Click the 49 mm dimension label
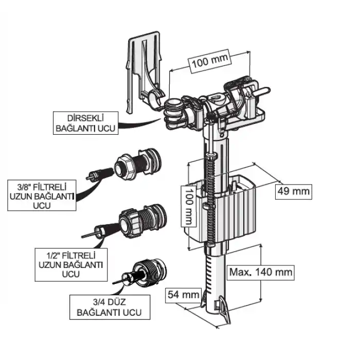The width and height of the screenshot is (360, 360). click(x=294, y=191)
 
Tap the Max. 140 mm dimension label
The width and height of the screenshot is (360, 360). click(x=261, y=272)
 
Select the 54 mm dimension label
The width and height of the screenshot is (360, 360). click(x=183, y=295)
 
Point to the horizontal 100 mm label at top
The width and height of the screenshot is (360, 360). click(x=209, y=62)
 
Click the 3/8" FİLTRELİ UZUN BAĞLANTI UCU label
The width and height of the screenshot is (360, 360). click(x=41, y=195)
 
